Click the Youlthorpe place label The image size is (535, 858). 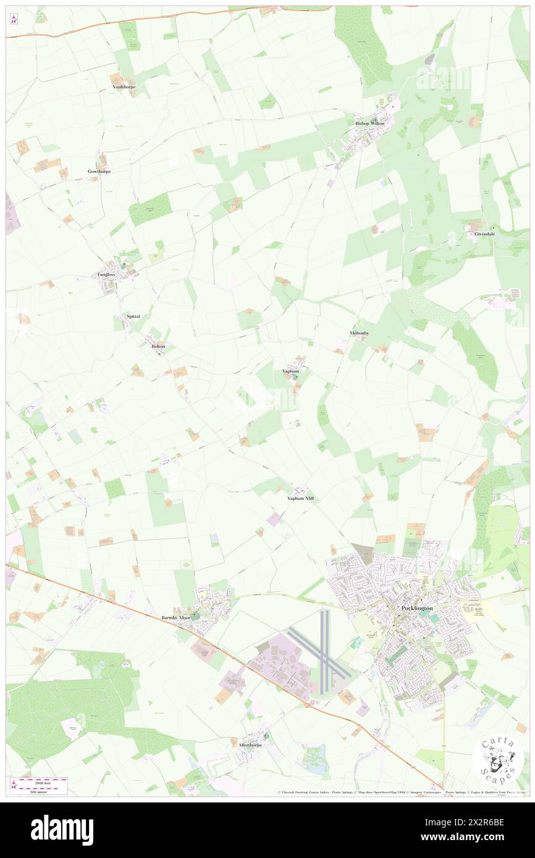[124, 87]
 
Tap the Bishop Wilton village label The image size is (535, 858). [369, 123]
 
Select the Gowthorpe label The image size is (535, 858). [99, 171]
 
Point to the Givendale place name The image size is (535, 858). [484, 234]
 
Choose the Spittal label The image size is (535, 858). [133, 316]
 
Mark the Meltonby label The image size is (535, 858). [359, 333]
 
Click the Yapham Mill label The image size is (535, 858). [301, 498]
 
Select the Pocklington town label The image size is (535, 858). [417, 608]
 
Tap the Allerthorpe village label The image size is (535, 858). [250, 745]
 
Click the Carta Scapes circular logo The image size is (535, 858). [498, 760]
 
